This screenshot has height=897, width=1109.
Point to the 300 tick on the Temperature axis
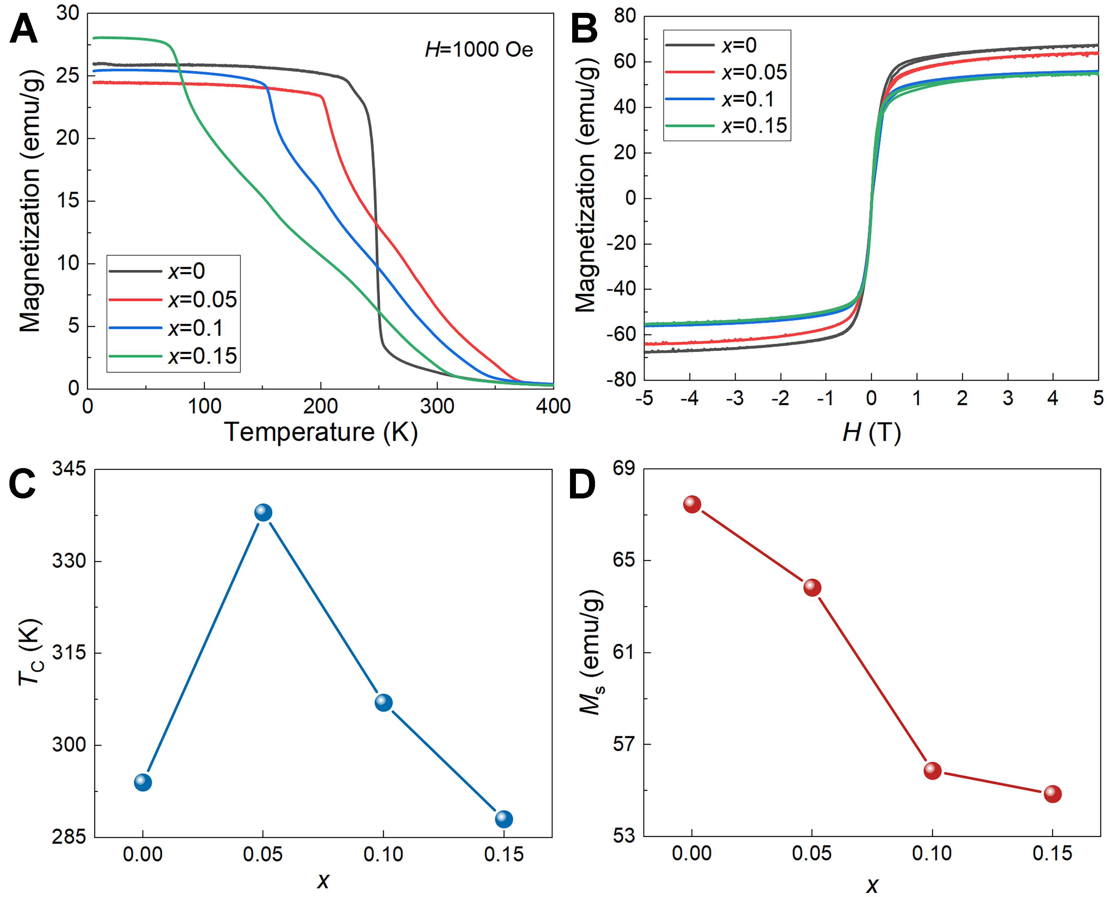pyautogui.click(x=437, y=406)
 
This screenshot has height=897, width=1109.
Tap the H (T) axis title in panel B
pyautogui.click(x=871, y=432)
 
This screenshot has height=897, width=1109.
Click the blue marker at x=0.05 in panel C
pyautogui.click(x=263, y=512)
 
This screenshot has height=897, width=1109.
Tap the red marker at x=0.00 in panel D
pyautogui.click(x=692, y=504)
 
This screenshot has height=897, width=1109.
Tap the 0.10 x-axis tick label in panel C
pyautogui.click(x=383, y=854)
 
